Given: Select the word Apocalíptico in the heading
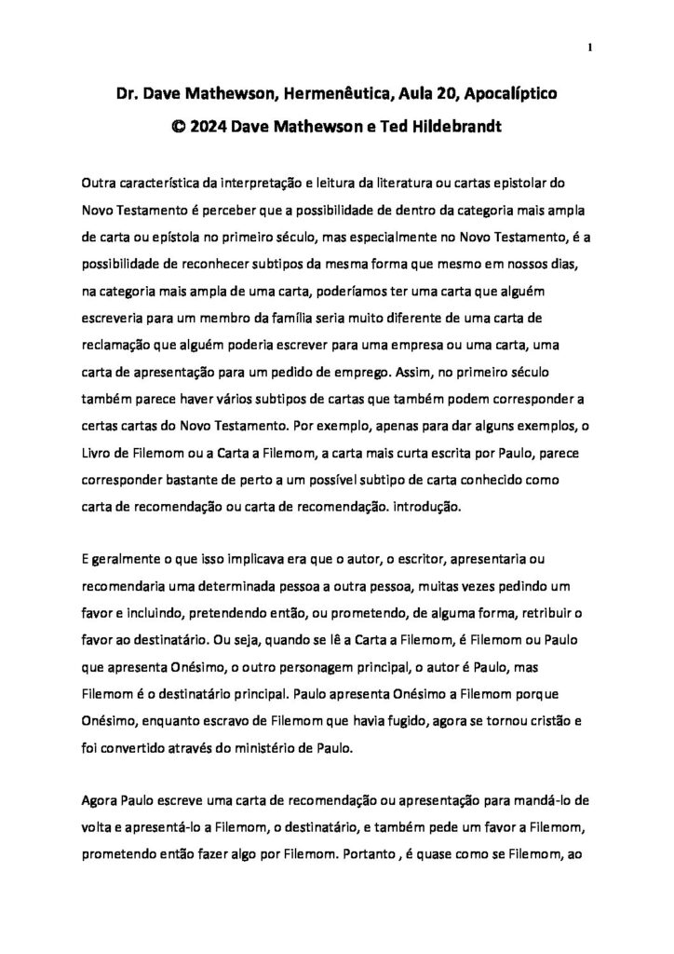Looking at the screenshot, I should point(509,94).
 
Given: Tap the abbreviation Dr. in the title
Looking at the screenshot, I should point(127,94).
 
